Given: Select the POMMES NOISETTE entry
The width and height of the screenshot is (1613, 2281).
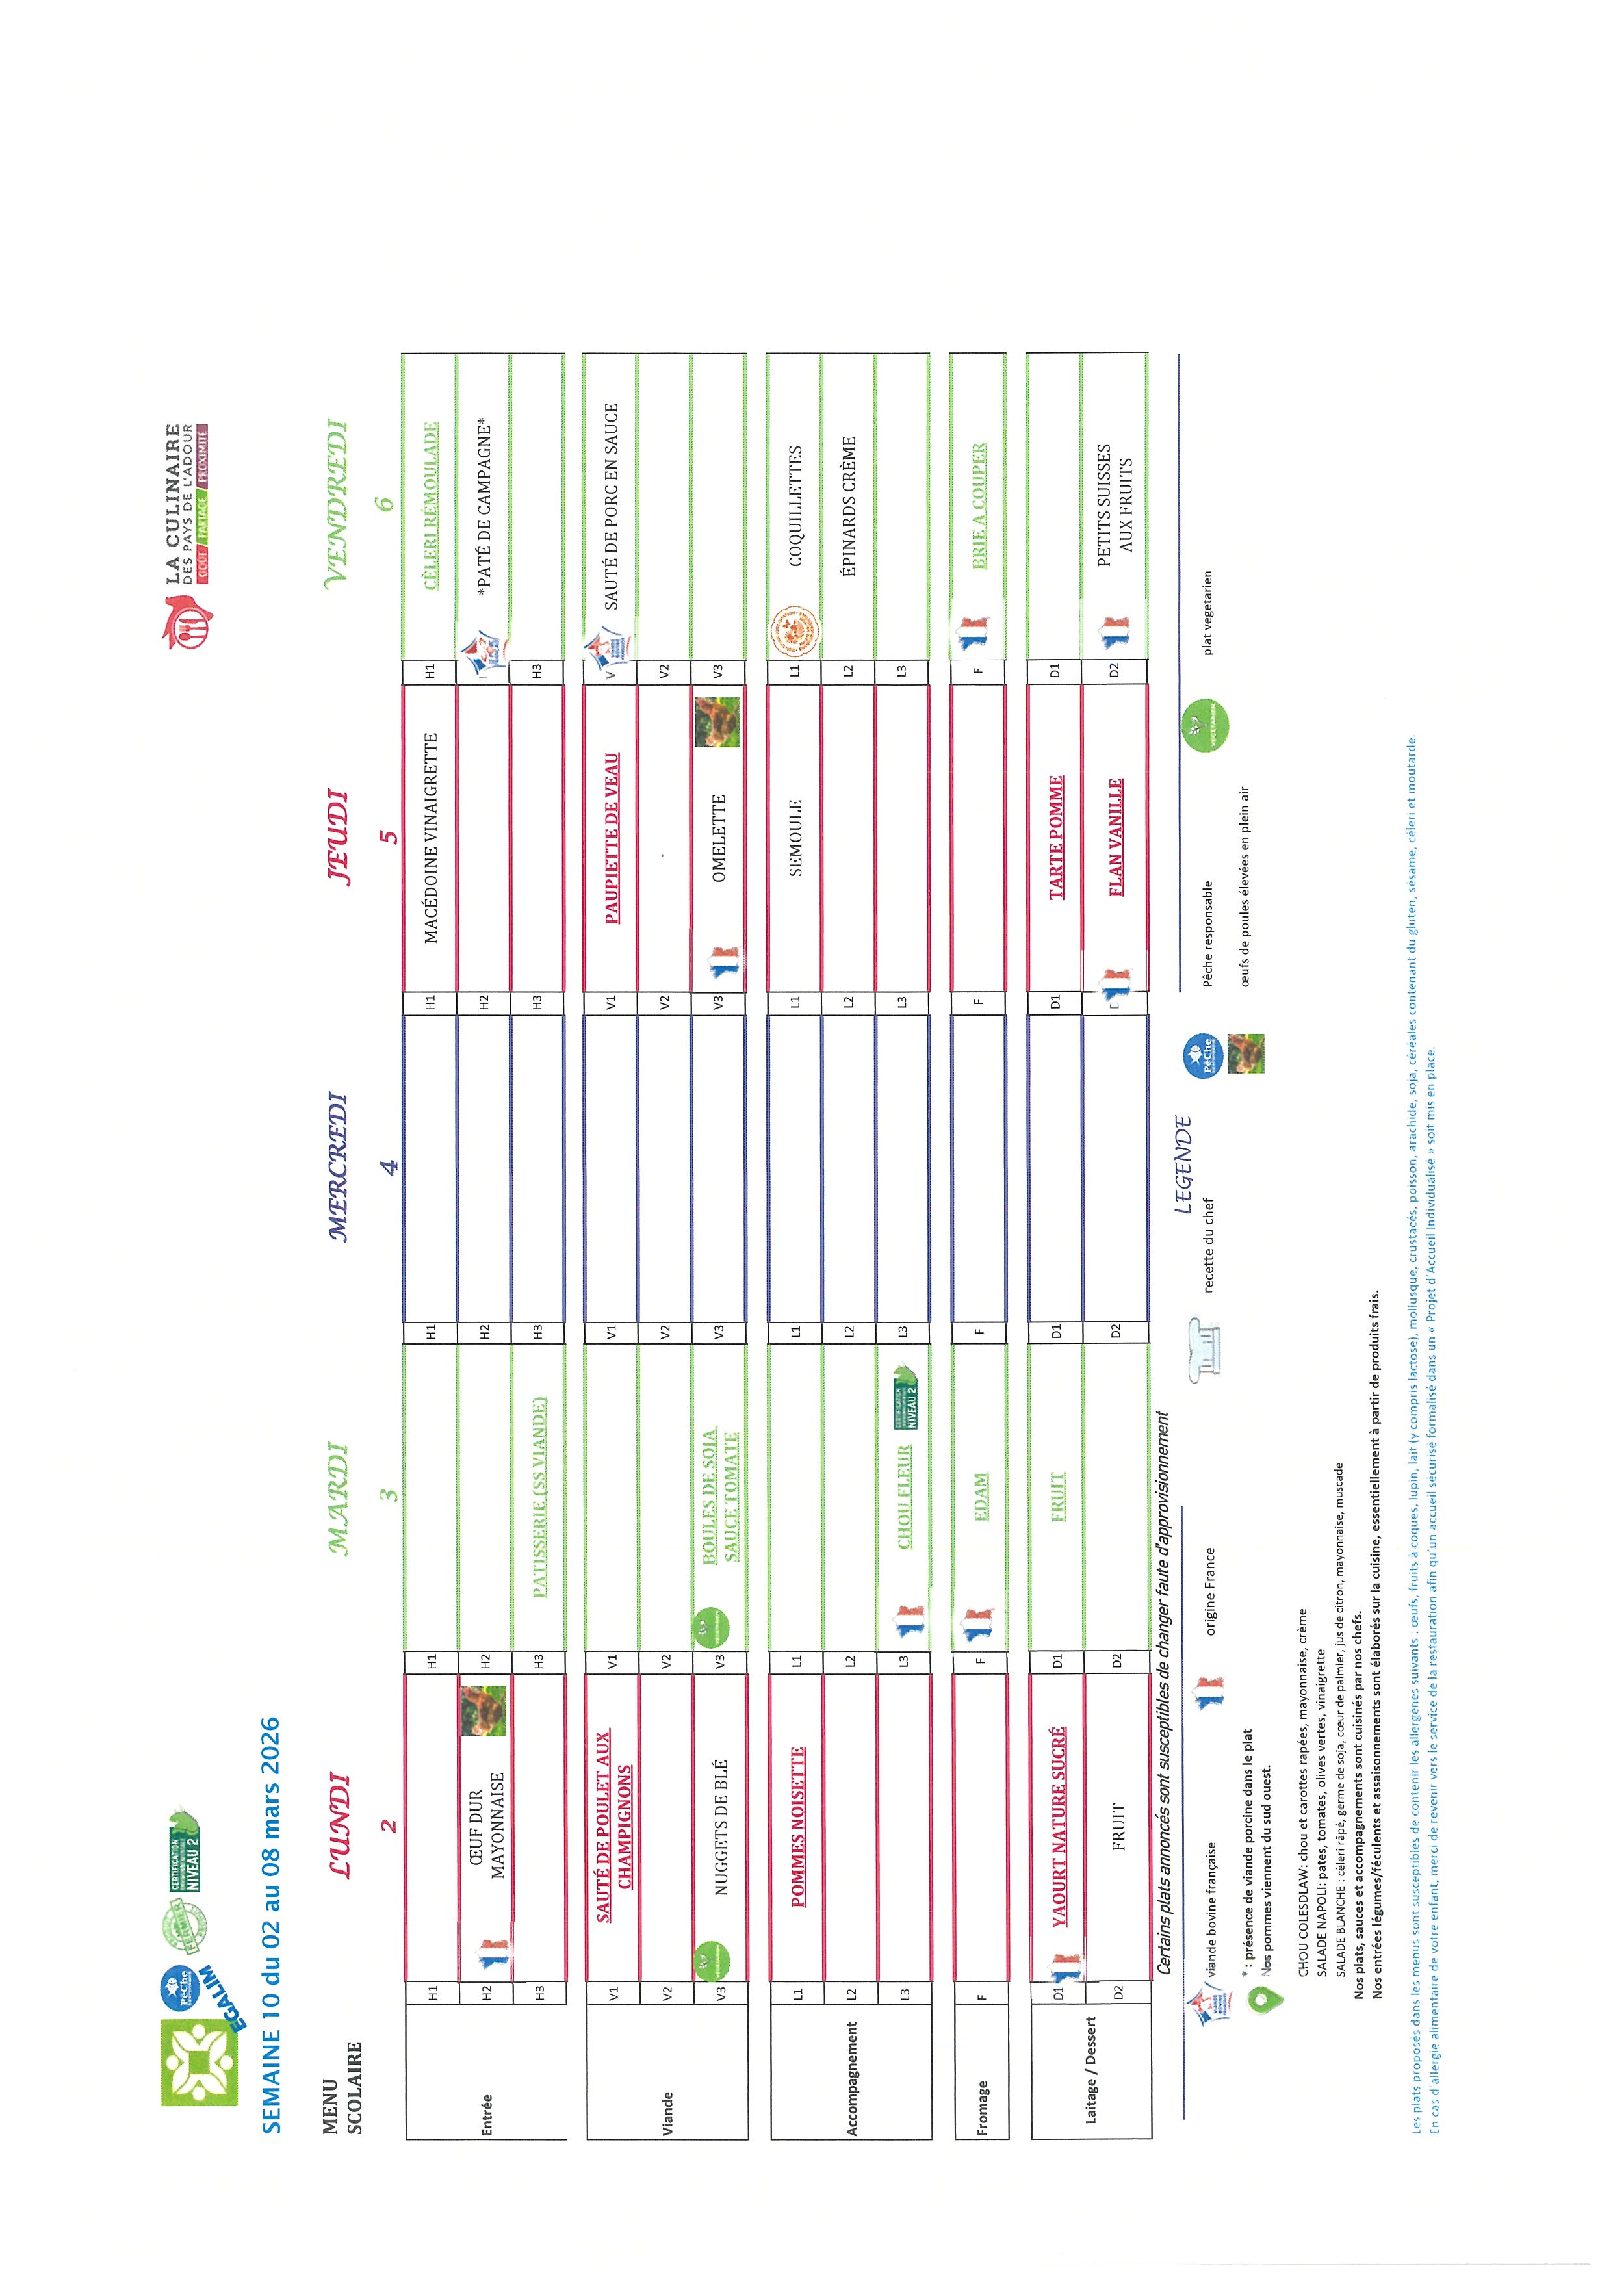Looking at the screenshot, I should click(797, 1826).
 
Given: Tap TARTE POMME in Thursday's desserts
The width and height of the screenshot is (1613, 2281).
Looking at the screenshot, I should click(1057, 838).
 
